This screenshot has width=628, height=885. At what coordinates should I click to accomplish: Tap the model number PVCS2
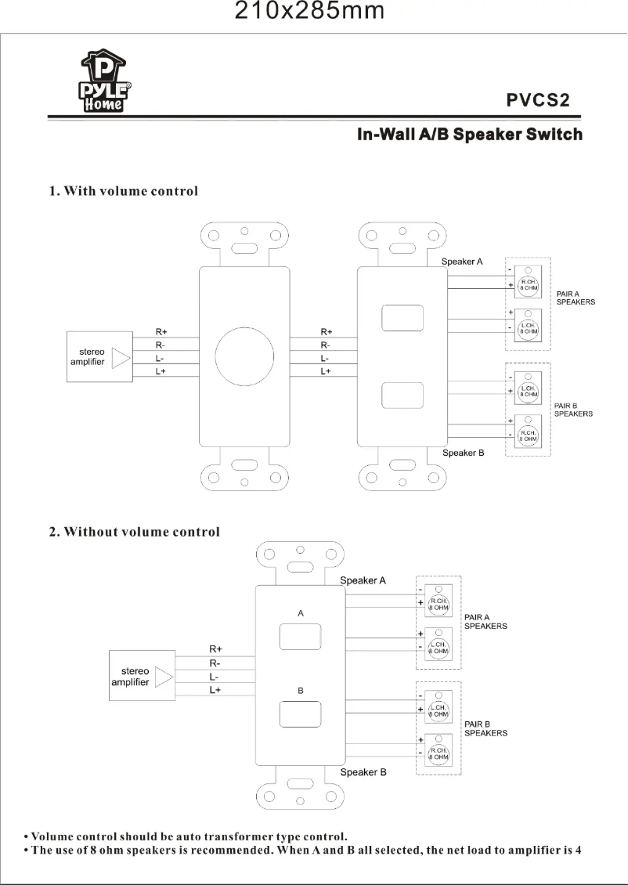pyautogui.click(x=536, y=100)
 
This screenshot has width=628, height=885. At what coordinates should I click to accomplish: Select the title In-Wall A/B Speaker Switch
pyautogui.click(x=469, y=135)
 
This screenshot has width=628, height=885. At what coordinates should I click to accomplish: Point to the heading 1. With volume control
pyautogui.click(x=124, y=191)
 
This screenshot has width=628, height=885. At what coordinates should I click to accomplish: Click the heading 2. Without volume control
pyautogui.click(x=135, y=533)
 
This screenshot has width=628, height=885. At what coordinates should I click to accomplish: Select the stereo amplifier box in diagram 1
pyautogui.click(x=99, y=358)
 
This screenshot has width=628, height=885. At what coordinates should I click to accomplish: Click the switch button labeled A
pyautogui.click(x=301, y=636)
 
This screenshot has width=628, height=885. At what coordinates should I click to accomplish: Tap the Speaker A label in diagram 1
pyautogui.click(x=462, y=261)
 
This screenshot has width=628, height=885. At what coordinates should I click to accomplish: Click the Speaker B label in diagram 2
pyautogui.click(x=363, y=772)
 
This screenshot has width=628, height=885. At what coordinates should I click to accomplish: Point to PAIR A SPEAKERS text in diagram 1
pyautogui.click(x=576, y=298)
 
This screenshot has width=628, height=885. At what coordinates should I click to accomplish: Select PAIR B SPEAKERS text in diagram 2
pyautogui.click(x=485, y=728)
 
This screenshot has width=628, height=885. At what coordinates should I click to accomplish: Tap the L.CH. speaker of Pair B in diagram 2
pyautogui.click(x=439, y=710)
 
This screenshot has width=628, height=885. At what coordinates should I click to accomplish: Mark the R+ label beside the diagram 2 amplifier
pyautogui.click(x=215, y=649)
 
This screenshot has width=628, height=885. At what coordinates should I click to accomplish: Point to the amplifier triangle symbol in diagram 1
pyautogui.click(x=121, y=358)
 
